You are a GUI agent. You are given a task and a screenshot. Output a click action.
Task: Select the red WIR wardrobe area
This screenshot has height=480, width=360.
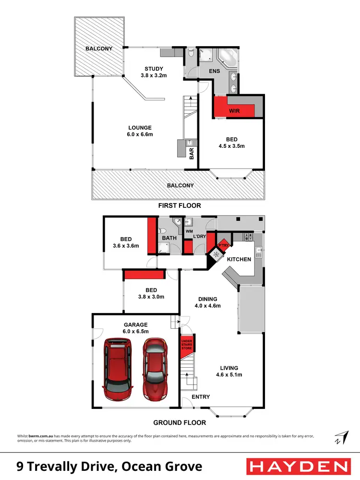click(x=234, y=110)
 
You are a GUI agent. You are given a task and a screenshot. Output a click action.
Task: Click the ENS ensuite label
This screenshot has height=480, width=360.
click(x=215, y=71)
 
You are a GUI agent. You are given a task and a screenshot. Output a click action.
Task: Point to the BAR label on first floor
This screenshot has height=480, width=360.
click(x=192, y=153)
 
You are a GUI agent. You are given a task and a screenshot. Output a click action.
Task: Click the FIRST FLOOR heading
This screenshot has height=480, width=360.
click(x=180, y=205)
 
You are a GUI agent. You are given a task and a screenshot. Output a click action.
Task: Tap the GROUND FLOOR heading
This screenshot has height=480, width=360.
click(x=180, y=423)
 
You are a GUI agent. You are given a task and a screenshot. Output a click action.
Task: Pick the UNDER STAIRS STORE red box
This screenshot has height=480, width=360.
click(x=186, y=346)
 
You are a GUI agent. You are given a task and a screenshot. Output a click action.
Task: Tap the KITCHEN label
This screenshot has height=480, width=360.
click(x=239, y=259)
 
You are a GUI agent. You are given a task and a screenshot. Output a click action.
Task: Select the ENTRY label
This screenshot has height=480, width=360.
click(x=200, y=397)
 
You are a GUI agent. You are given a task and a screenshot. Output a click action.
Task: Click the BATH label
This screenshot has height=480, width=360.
click(x=169, y=238)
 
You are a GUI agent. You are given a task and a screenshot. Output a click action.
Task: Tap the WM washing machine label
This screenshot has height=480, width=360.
click(x=188, y=232)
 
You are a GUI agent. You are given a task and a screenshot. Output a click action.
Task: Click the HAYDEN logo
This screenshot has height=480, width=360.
click(x=297, y=466)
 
